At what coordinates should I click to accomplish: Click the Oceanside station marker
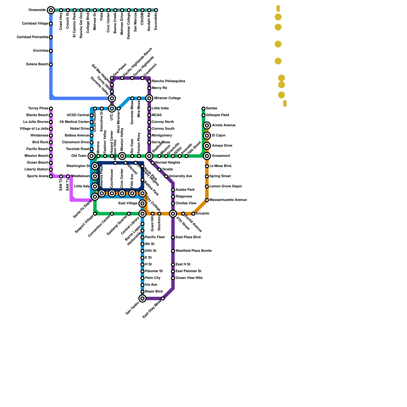(51, 10)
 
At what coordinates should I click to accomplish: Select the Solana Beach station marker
(51, 64)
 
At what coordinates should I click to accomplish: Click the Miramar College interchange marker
(149, 98)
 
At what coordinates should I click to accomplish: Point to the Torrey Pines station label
(38, 108)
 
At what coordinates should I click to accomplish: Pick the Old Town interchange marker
(92, 156)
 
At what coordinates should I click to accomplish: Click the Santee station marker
(203, 109)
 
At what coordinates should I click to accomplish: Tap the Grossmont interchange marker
(207, 156)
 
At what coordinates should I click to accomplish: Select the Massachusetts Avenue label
(228, 200)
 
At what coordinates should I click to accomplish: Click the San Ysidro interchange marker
(142, 298)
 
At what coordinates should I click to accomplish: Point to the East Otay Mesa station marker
(163, 298)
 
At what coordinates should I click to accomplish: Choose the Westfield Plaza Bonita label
(194, 251)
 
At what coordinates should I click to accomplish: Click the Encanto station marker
(193, 214)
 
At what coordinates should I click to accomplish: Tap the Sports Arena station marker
(51, 176)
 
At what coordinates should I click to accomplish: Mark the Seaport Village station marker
(95, 214)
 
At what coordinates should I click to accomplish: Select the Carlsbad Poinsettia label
(33, 37)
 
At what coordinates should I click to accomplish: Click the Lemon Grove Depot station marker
(207, 186)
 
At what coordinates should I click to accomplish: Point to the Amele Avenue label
(224, 125)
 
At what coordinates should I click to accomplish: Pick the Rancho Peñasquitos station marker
(149, 81)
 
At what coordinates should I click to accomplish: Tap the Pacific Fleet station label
(155, 237)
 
